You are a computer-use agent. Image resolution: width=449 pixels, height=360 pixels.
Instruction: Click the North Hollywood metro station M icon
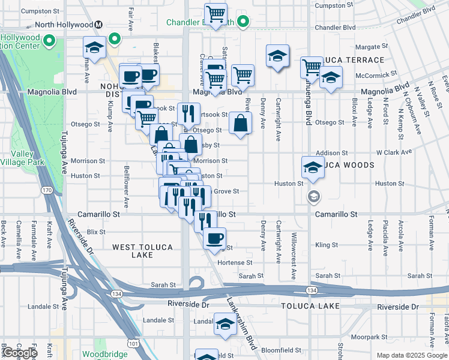[x=99, y=25]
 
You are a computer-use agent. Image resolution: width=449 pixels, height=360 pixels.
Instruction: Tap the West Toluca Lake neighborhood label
[x=142, y=251]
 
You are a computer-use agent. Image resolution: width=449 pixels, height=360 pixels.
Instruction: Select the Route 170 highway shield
[x=46, y=190]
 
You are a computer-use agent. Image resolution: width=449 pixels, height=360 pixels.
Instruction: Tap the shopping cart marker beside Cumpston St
[x=215, y=14]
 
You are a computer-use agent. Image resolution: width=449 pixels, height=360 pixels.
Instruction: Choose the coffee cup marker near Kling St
[x=214, y=238]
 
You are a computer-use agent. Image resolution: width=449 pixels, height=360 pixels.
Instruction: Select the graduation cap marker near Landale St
[x=225, y=325]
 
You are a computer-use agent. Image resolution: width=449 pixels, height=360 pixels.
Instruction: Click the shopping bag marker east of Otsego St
[x=240, y=125]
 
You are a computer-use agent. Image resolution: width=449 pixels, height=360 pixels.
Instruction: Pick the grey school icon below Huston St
[x=313, y=196]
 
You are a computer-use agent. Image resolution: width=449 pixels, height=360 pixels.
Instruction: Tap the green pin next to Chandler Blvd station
[x=243, y=23]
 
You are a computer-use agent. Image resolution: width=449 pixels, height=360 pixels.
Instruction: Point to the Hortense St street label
[x=235, y=263]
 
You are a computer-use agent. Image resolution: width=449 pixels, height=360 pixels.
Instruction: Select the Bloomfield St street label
[x=280, y=349]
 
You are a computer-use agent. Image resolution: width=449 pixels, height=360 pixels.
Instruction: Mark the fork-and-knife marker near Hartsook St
[x=188, y=113]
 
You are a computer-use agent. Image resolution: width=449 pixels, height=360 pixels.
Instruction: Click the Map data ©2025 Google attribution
[x=411, y=355]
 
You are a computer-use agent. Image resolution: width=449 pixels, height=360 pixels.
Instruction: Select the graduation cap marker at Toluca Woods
[x=313, y=167]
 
